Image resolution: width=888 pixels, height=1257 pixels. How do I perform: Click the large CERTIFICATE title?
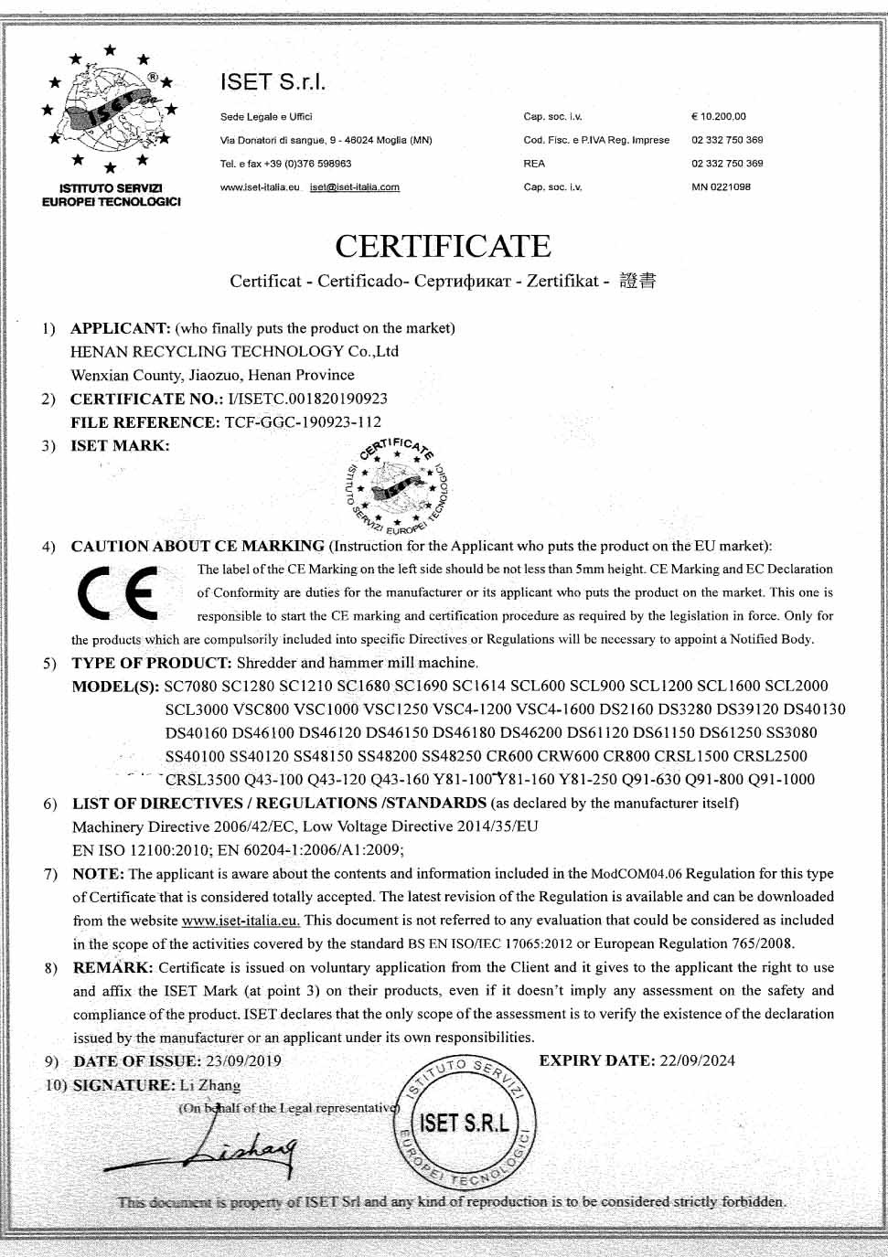click(443, 246)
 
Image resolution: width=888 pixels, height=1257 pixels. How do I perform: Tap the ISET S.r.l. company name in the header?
click(273, 82)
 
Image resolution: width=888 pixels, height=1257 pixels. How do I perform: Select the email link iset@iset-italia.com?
click(355, 187)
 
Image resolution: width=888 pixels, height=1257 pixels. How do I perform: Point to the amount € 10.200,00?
click(719, 117)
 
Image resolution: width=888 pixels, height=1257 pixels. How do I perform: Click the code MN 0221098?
click(721, 187)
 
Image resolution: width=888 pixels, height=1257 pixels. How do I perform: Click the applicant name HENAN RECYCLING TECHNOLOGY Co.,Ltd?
click(235, 352)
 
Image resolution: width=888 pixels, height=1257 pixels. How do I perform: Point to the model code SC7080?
click(191, 686)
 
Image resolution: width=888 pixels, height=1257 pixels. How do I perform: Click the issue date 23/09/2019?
click(243, 1061)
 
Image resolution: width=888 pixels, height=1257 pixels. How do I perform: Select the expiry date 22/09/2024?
click(696, 1060)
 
